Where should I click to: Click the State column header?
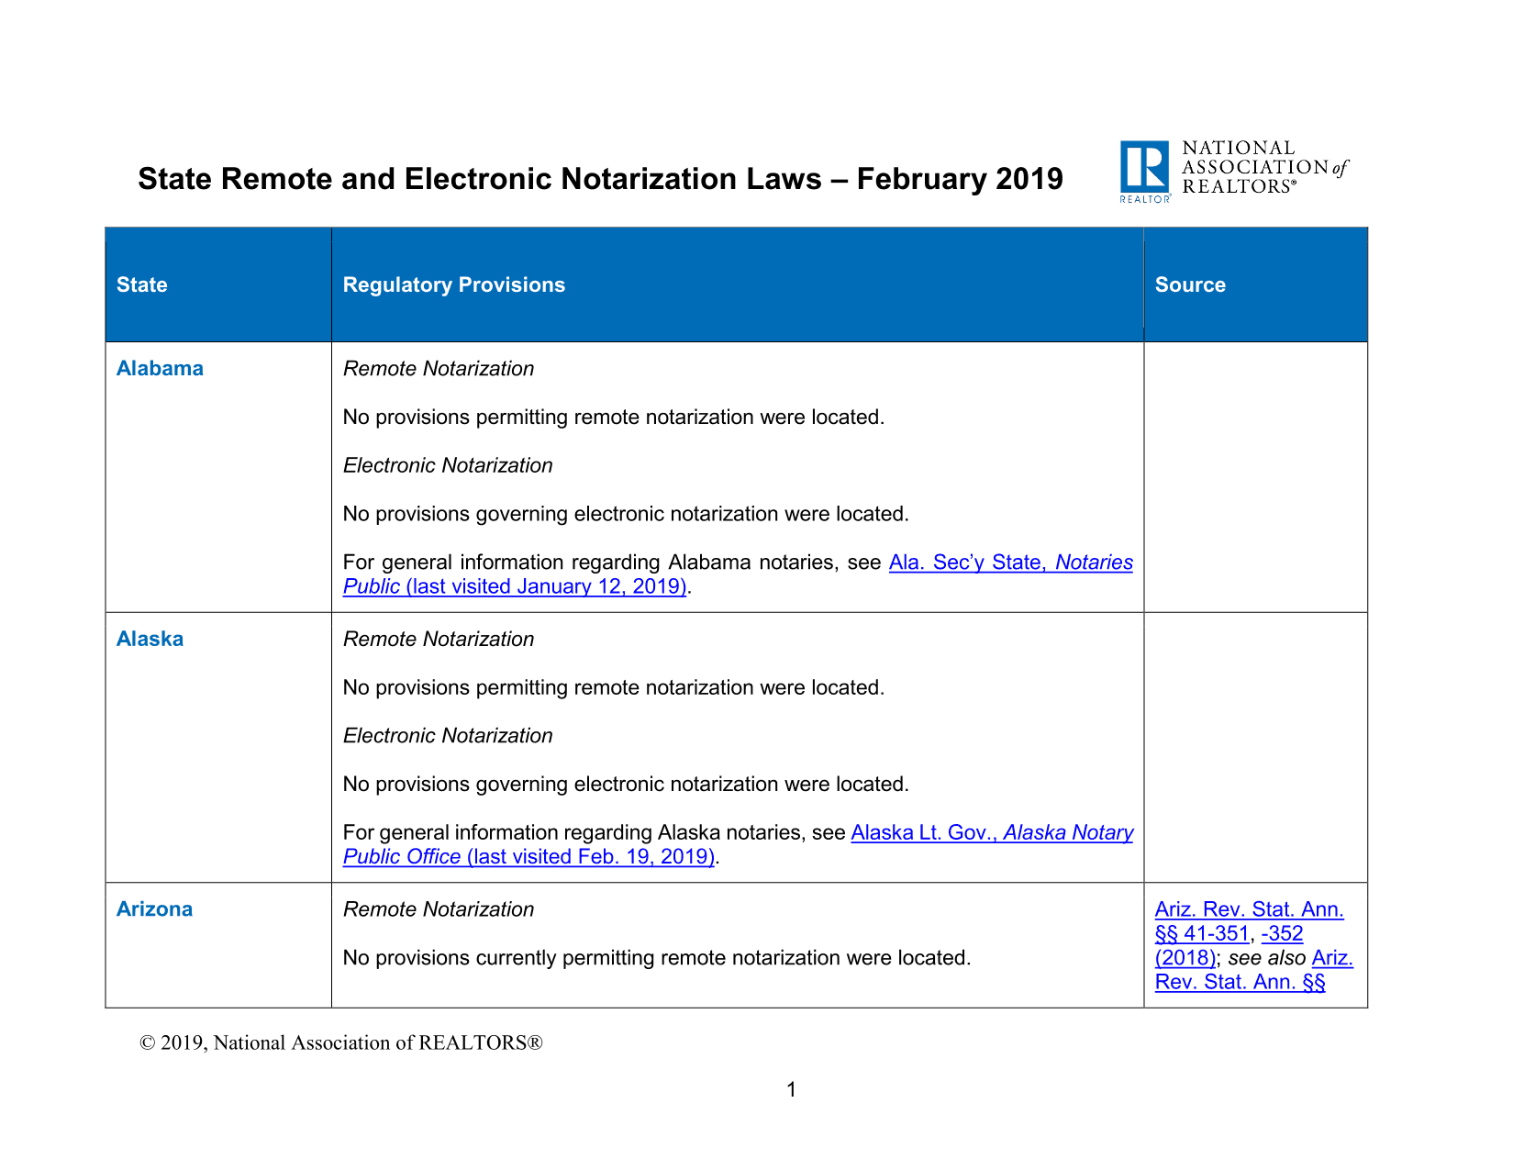(142, 284)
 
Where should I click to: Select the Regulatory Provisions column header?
(453, 284)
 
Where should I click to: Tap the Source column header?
(1190, 284)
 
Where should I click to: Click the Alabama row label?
(160, 368)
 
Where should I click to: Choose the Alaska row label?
(150, 639)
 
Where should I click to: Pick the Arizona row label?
(154, 909)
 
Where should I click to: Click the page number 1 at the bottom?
(791, 1089)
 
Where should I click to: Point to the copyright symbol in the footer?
(147, 1042)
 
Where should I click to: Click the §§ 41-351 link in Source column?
(1202, 933)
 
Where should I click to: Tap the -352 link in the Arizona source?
(1282, 933)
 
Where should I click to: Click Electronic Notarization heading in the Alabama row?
(448, 465)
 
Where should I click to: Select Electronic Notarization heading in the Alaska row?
(448, 735)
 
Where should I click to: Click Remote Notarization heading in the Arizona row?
(439, 909)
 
